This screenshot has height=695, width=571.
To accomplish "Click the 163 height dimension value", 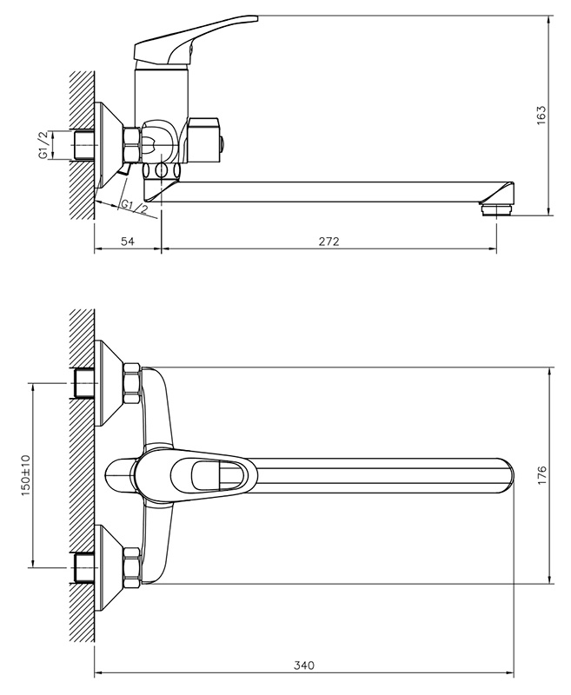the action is [541, 115].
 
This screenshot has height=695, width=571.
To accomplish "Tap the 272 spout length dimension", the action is [329, 242].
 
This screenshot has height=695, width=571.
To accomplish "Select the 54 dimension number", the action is [127, 242].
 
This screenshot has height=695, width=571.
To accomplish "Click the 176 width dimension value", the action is [541, 475].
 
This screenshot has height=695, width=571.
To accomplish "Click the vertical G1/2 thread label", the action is [43, 144].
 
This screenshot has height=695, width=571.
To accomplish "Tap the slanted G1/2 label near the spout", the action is [135, 207].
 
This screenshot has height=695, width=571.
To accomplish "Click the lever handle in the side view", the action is [196, 41].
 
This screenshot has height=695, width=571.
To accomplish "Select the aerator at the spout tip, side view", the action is [497, 209].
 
